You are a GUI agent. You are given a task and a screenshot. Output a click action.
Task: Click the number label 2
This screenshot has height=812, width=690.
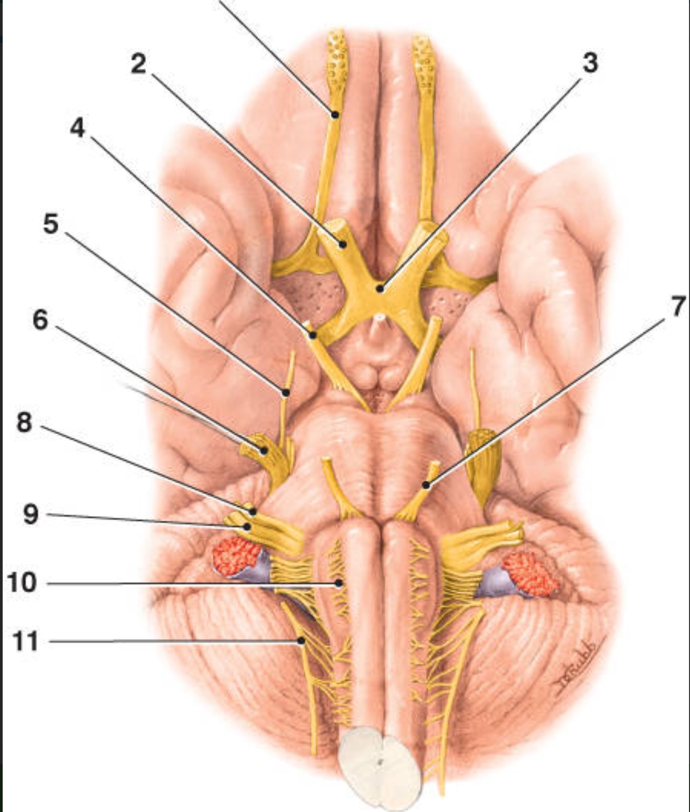138,65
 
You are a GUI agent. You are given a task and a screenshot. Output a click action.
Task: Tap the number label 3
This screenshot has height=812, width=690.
590,63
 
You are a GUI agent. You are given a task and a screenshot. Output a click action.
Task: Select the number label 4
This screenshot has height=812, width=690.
78,127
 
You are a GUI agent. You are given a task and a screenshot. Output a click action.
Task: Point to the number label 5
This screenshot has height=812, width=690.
51,224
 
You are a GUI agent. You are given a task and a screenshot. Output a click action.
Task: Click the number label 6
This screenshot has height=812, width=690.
40,320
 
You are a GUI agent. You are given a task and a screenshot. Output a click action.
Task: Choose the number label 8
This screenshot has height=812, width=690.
24,423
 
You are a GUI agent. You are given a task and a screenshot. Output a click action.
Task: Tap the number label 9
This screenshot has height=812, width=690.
31,514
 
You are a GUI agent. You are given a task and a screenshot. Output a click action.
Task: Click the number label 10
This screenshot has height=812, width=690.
21,583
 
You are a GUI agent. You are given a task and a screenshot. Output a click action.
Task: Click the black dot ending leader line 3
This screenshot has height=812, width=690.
380,288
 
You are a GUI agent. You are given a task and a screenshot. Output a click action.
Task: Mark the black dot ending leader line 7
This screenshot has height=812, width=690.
426,485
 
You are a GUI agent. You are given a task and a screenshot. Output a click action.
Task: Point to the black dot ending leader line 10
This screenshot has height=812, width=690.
339,583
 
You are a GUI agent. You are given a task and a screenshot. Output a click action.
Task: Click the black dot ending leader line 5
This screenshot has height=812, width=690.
285,393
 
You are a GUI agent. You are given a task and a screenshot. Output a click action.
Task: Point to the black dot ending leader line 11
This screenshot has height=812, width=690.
301,641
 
